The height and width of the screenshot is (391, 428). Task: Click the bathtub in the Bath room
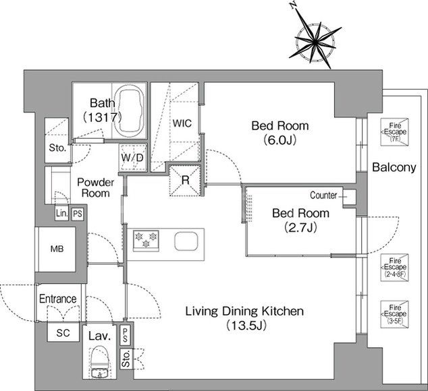(x=129, y=112)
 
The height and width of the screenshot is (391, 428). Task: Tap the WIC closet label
(x=182, y=123)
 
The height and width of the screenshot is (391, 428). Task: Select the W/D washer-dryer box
(x=133, y=157)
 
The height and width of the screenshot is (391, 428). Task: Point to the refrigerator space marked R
(x=185, y=180)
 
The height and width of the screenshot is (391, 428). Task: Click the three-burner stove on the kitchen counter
(x=146, y=240)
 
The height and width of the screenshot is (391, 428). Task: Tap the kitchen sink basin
(x=186, y=241)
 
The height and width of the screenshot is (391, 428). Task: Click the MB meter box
(x=57, y=249)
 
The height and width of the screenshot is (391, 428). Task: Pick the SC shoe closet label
(x=63, y=333)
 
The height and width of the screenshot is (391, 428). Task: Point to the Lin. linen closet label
(x=61, y=213)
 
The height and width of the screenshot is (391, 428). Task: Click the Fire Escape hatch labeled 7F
(x=395, y=132)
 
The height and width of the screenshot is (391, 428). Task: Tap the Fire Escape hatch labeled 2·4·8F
(x=395, y=268)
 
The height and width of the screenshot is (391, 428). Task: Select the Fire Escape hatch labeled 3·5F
(x=395, y=314)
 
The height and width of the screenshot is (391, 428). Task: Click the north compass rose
(x=315, y=42)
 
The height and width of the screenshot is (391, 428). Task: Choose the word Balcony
(x=394, y=167)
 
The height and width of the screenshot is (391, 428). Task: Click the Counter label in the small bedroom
(x=323, y=195)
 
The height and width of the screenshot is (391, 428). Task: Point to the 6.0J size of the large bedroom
(x=279, y=140)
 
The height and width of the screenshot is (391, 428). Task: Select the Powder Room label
(x=96, y=187)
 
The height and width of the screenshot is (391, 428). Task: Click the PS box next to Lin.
(x=78, y=214)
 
